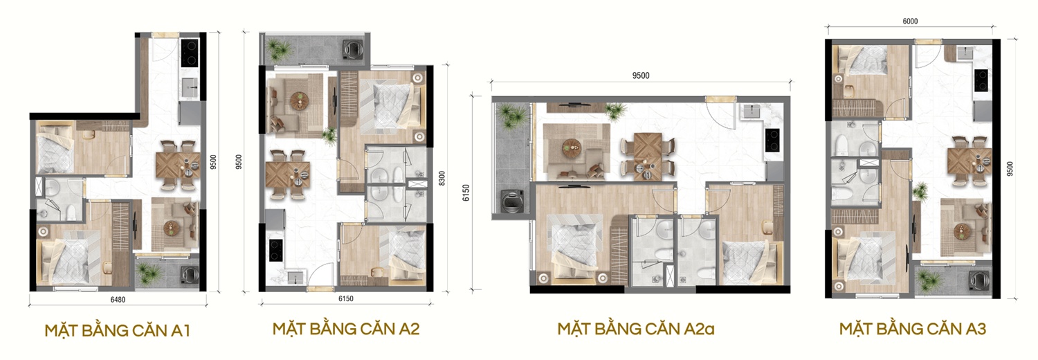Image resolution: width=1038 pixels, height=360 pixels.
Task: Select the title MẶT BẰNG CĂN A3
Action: (x=913, y=328)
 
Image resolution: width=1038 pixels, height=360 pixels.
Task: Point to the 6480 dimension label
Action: (x=118, y=299)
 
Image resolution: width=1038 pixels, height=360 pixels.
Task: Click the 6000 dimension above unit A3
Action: (x=910, y=21)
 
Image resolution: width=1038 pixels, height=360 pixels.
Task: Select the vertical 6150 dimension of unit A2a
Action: (x=466, y=192)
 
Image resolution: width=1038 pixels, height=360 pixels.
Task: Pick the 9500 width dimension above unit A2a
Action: (x=641, y=76)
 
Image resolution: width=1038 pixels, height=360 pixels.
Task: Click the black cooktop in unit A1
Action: (x=189, y=53)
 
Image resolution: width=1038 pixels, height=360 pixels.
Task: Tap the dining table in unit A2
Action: (x=288, y=174)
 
